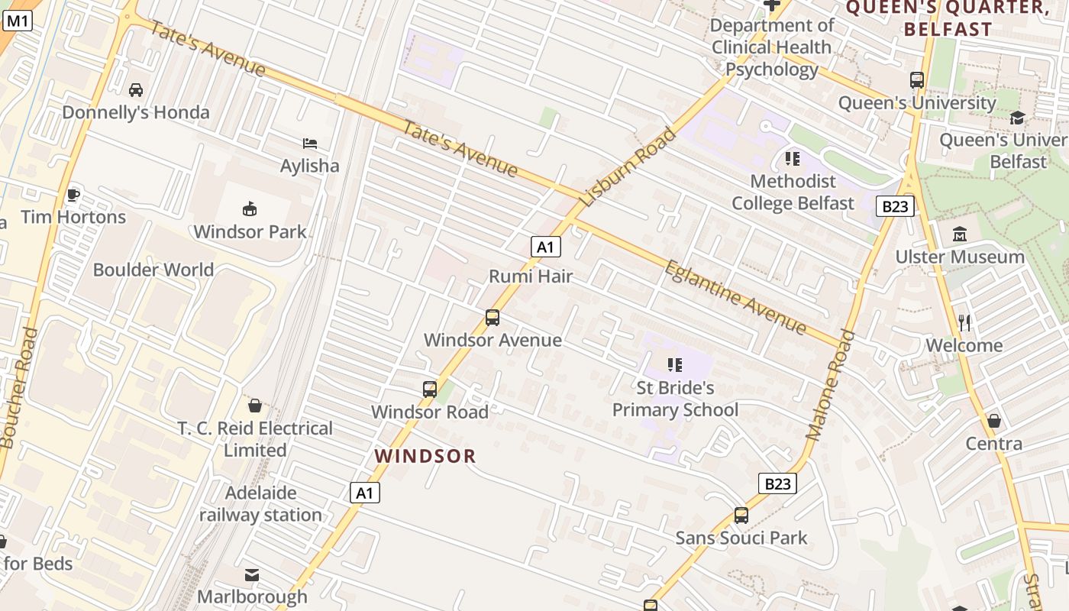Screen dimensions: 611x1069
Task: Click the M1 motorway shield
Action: point(18,21)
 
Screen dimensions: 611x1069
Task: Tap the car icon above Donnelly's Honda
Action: point(136,90)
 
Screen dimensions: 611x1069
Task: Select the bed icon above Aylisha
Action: point(310,144)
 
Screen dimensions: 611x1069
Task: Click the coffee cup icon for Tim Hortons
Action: point(73,195)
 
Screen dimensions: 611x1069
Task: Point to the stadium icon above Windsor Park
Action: point(250,209)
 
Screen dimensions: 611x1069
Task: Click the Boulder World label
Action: point(153,270)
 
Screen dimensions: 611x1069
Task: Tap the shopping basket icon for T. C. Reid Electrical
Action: point(255,406)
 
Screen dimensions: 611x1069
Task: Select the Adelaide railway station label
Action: point(260,504)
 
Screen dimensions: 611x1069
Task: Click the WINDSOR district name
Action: point(425,456)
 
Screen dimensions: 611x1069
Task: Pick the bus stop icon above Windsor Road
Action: point(430,390)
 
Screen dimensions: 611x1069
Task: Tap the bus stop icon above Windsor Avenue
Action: point(493,318)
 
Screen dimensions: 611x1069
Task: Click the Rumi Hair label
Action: point(531,276)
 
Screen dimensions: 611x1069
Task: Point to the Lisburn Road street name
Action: point(628,167)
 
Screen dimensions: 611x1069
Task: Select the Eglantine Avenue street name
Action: point(735,297)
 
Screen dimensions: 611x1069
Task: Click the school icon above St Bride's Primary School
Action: point(675,365)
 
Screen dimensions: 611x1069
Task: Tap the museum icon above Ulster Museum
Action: point(960,234)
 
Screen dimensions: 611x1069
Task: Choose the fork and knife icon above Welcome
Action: point(964,323)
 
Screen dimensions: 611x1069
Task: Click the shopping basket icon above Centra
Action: point(994,421)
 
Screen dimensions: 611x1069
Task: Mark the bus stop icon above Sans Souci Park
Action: point(741,516)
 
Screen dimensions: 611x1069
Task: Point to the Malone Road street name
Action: point(831,385)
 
